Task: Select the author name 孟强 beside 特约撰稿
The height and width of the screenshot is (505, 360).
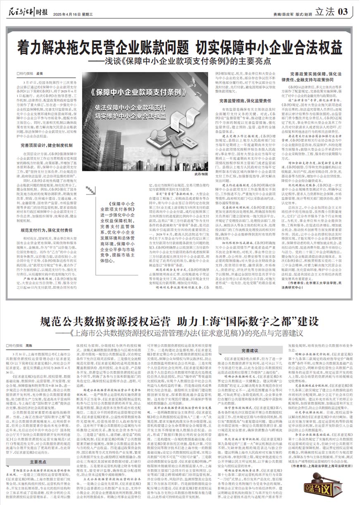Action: [41, 72]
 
